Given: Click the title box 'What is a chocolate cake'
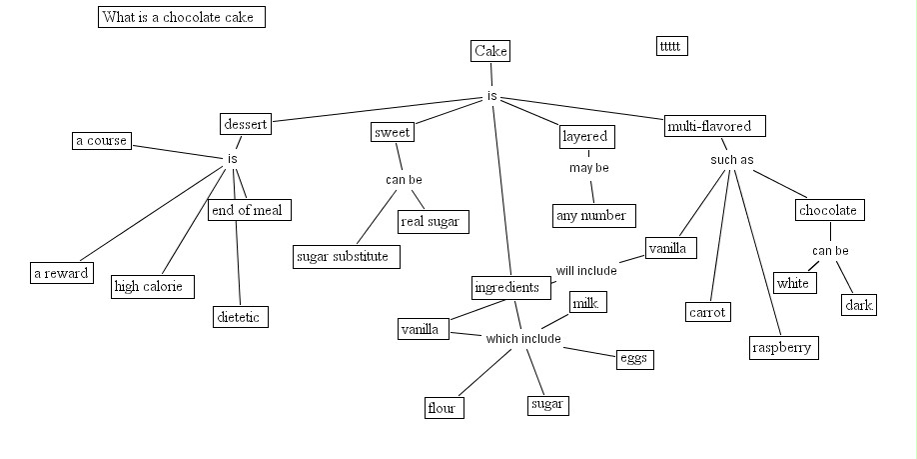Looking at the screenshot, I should [182, 17].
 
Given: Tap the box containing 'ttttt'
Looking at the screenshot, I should [672, 46].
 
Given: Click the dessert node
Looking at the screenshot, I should [245, 124].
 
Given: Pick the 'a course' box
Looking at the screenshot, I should [102, 140].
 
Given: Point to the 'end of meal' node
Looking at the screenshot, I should [250, 210].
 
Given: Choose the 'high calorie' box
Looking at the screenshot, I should [153, 287].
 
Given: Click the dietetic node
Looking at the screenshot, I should [241, 317].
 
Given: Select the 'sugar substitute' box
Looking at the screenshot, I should [347, 257].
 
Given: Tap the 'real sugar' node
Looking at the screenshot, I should [433, 221].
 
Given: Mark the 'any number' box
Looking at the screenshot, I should [593, 215].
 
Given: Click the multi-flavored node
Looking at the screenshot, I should [715, 126].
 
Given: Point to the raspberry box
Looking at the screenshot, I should [784, 348].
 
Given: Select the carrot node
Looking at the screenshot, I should [708, 312].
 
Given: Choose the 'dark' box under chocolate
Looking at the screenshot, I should [859, 305].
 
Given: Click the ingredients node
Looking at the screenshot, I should [511, 288].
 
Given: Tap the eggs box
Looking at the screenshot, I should [633, 358].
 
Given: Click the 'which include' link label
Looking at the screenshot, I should [523, 339].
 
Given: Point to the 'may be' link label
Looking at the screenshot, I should [588, 168].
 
